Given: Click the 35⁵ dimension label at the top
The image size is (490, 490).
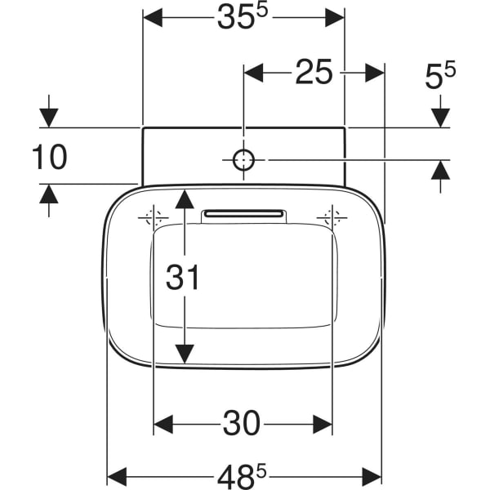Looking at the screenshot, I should [x=243, y=17].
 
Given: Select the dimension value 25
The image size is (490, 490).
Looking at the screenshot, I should [x=314, y=73].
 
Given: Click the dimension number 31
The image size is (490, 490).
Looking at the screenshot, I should [x=183, y=278].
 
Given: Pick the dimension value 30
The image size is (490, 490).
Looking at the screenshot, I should [x=242, y=423].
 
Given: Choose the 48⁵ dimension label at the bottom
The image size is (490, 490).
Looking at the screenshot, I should [x=244, y=474].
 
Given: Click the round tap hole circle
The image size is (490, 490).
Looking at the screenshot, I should [x=244, y=160].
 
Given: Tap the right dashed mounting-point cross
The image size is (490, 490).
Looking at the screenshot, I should [x=332, y=218].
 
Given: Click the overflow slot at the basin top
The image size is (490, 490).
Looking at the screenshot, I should [x=244, y=214].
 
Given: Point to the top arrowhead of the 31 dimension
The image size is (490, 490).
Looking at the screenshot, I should [x=185, y=198].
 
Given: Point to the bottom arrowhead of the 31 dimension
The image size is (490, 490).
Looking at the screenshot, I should [x=185, y=354].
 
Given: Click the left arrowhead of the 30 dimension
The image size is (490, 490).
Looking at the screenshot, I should [x=163, y=424].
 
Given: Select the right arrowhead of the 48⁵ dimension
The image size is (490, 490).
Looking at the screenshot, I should [x=373, y=475].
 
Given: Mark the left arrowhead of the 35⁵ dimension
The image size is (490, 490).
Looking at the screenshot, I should [x=153, y=17].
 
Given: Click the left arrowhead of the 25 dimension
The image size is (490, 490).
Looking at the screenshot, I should [x=254, y=73].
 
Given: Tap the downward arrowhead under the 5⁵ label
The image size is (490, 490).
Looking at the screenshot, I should [x=441, y=117].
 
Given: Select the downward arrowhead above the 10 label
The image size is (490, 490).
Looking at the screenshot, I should [x=49, y=117].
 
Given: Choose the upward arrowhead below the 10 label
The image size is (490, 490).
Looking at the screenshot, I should [x=49, y=194].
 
